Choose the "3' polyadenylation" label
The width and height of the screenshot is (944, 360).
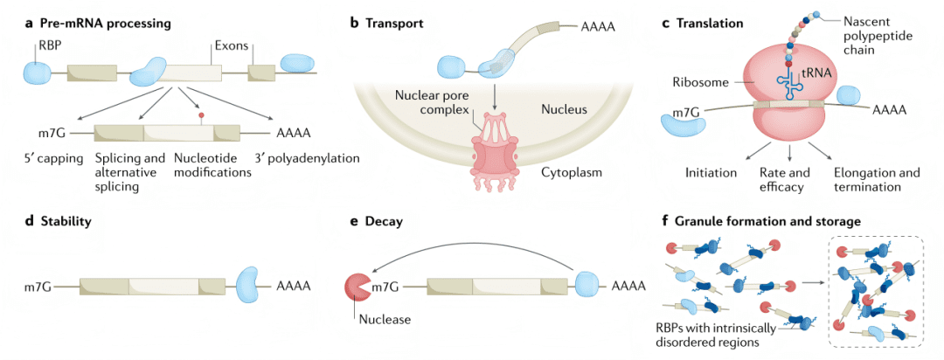(x=307, y=159)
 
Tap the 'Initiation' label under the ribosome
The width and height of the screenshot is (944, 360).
(x=712, y=173)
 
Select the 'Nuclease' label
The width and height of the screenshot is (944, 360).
(x=384, y=319)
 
